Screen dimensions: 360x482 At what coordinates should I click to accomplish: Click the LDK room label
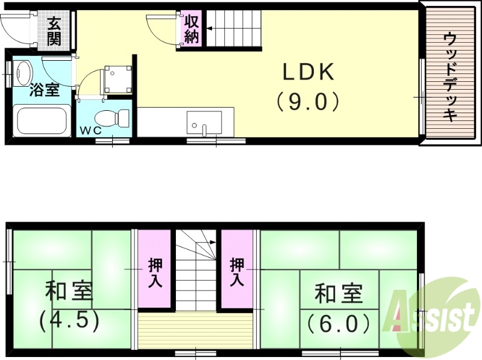(308, 73)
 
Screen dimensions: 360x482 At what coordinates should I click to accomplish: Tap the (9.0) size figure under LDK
(308, 101)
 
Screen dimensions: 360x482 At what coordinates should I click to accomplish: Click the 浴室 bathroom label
(45, 90)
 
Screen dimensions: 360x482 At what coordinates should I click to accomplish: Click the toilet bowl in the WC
(115, 116)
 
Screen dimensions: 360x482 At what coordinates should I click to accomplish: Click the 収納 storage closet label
(192, 29)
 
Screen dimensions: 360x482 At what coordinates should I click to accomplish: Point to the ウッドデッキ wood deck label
(449, 76)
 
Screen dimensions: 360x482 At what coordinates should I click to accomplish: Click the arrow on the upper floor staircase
(211, 243)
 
